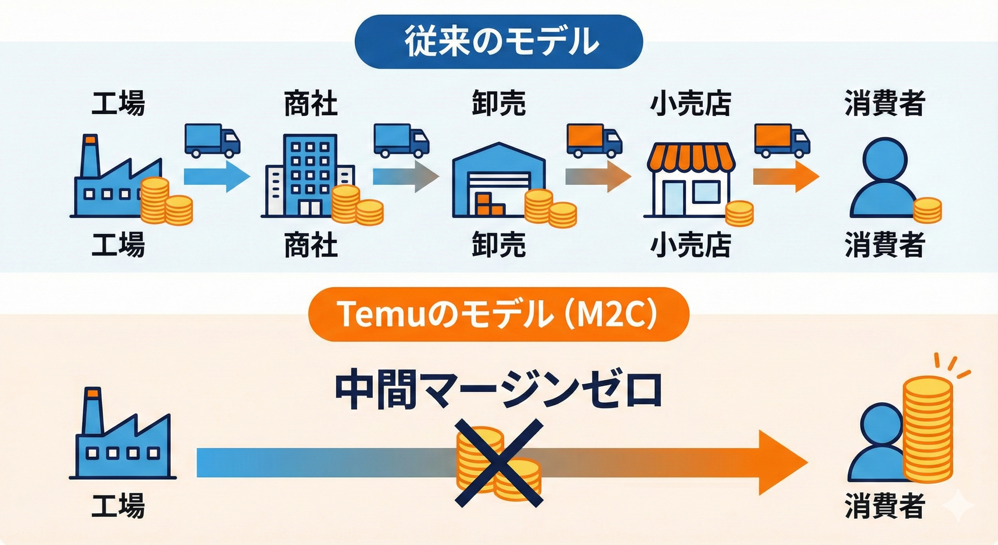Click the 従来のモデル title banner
[x=499, y=42]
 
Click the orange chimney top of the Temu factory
[x=92, y=393]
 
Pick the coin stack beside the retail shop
[x=739, y=213]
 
